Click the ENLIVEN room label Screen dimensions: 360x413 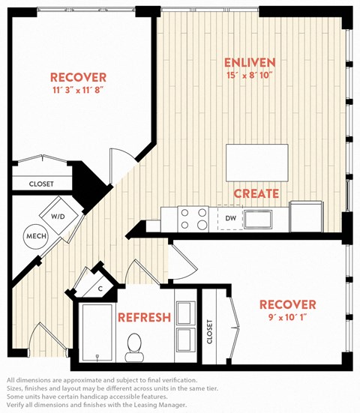pos(250,63)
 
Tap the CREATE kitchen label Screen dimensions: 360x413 pos(256,193)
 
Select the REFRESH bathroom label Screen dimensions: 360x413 pos(144,317)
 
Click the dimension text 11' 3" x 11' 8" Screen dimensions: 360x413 pos(77,91)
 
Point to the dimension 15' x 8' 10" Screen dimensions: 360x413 pos(249,76)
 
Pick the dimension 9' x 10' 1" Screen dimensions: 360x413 pos(288,317)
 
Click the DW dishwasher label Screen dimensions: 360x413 pos(230,218)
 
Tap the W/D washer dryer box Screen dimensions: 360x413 pos(59,216)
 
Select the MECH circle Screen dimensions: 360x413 pos(36,236)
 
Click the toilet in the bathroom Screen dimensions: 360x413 pos(134,347)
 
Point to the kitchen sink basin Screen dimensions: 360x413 pos(258,219)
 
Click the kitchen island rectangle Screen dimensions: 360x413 pos(257,163)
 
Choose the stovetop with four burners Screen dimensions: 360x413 pos(193,219)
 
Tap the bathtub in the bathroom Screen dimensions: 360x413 pos(97,333)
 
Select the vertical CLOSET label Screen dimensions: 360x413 pos(209,331)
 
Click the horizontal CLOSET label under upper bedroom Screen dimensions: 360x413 pos(41,184)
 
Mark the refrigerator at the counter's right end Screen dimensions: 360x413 pos(306,217)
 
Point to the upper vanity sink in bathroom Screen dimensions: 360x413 pos(185,313)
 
